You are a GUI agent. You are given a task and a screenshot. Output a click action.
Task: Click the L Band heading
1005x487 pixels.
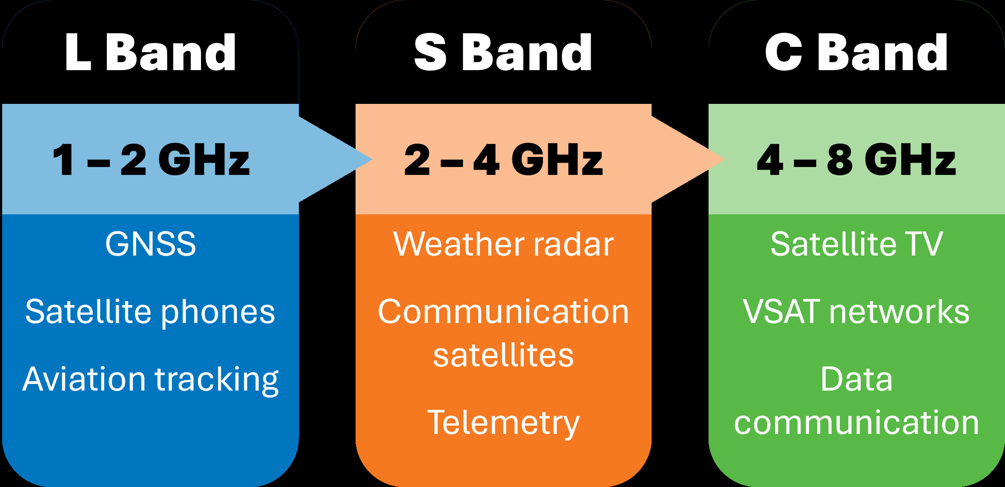click(x=150, y=53)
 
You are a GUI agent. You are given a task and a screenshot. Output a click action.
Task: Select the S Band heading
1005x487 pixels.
click(x=503, y=53)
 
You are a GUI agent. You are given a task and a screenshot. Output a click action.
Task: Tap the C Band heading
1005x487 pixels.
click(x=856, y=53)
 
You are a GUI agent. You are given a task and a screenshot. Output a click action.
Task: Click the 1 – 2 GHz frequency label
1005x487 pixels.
click(x=150, y=160)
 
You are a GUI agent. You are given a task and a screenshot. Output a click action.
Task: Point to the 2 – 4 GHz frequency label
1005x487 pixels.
click(x=503, y=160)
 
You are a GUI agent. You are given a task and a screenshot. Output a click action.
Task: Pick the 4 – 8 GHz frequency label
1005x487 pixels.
click(x=856, y=160)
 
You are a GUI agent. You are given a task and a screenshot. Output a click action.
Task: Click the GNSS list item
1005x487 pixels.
click(x=150, y=244)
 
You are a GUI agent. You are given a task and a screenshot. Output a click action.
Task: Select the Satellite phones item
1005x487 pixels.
click(x=150, y=312)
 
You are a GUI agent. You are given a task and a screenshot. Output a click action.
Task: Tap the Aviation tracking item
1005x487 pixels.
click(x=150, y=380)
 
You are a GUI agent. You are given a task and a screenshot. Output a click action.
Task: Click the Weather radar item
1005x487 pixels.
click(x=503, y=244)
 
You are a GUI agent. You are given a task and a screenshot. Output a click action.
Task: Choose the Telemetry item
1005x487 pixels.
click(x=503, y=423)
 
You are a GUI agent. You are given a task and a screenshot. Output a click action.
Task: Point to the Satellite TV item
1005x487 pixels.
click(x=856, y=244)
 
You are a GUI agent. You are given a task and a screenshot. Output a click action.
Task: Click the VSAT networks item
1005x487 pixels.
click(x=856, y=312)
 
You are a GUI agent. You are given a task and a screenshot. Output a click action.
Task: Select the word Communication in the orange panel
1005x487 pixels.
click(x=503, y=312)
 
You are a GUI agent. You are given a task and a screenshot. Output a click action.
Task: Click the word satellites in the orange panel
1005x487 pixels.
click(x=503, y=355)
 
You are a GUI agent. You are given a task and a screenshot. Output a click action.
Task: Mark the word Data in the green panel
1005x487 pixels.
click(x=856, y=379)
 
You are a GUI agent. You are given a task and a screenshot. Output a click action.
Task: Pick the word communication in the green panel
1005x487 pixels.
click(x=856, y=423)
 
